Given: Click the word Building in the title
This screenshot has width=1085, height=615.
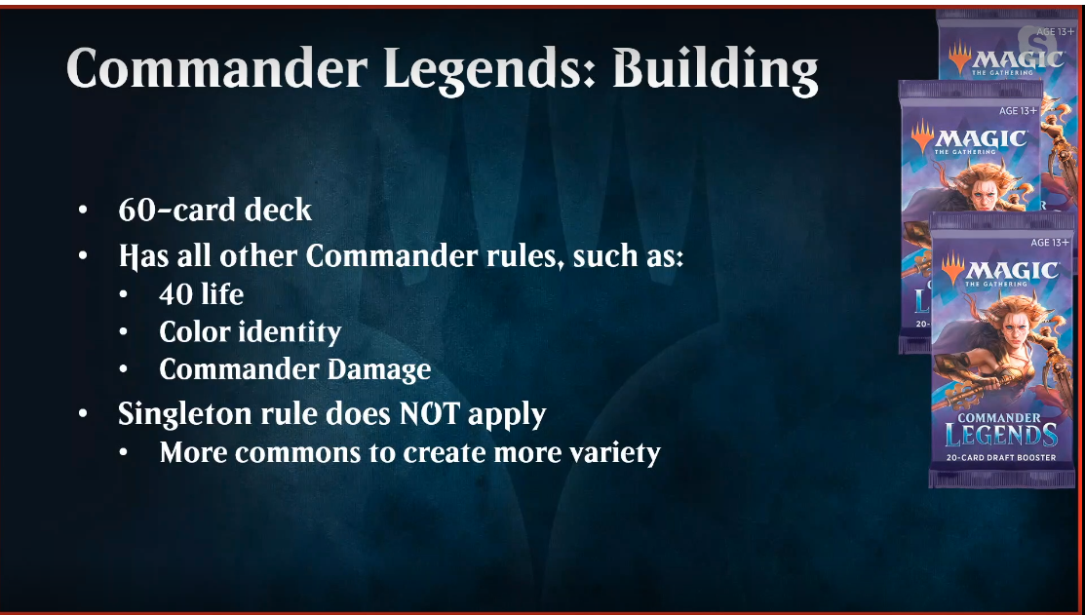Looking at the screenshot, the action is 716,70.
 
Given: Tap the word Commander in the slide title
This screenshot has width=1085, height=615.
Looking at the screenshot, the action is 216,69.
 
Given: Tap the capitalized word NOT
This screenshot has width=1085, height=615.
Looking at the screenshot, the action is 429,413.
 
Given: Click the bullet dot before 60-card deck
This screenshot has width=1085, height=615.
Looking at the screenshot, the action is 83,210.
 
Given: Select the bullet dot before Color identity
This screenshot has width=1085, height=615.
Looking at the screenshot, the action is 123,332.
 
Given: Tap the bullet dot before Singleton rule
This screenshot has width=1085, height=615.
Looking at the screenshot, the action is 83,413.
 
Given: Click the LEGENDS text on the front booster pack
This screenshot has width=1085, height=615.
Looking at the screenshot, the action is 1001,435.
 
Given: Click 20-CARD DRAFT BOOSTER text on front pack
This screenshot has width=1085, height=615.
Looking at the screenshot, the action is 1001,457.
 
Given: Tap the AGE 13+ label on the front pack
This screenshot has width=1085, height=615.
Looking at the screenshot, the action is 1050,242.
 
